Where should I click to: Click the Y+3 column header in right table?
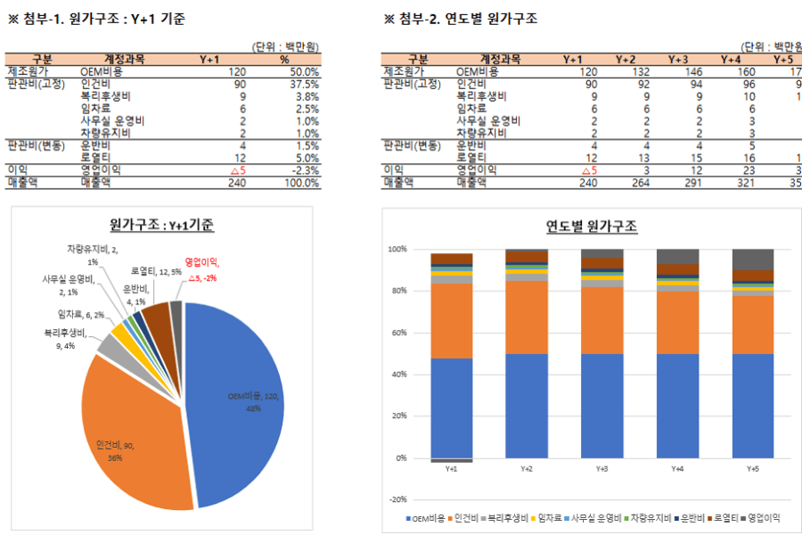(x=679, y=59)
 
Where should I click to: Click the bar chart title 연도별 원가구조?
(x=592, y=226)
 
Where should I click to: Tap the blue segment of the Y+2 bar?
(x=526, y=406)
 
